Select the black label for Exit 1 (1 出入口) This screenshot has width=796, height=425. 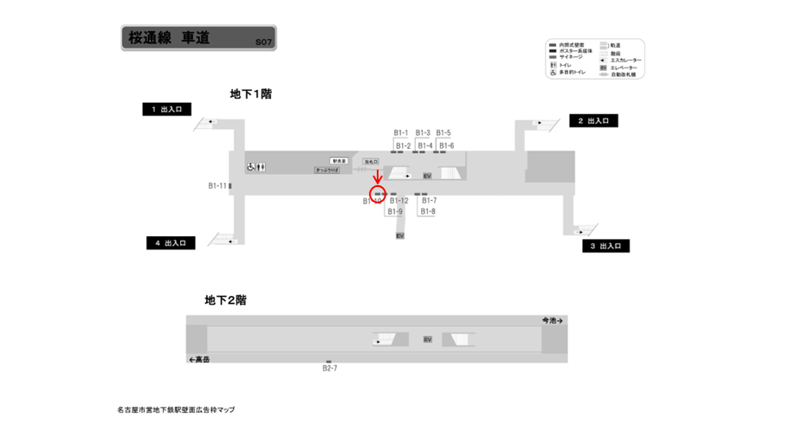tap(167, 109)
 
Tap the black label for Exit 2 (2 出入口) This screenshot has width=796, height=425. tap(592, 121)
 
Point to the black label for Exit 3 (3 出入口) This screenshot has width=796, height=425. tap(605, 246)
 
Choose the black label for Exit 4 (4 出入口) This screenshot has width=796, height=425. tap(171, 243)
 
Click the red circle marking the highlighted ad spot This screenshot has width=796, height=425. tap(378, 193)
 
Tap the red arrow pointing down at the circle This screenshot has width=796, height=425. tap(378, 177)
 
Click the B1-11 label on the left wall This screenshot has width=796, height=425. tap(217, 185)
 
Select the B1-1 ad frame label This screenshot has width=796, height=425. tap(401, 132)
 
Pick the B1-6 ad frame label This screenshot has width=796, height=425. tap(446, 145)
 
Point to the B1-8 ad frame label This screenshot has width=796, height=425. tap(428, 211)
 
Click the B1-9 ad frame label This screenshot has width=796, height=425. tap(395, 211)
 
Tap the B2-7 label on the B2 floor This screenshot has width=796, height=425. tap(329, 368)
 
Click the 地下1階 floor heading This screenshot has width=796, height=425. tap(250, 93)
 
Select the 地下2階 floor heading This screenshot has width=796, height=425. tap(226, 300)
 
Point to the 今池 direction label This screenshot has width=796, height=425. tap(552, 320)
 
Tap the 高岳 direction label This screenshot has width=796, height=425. tap(200, 358)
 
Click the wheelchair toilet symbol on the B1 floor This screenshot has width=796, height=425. tap(249, 166)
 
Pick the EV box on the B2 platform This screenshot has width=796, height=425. tap(427, 338)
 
